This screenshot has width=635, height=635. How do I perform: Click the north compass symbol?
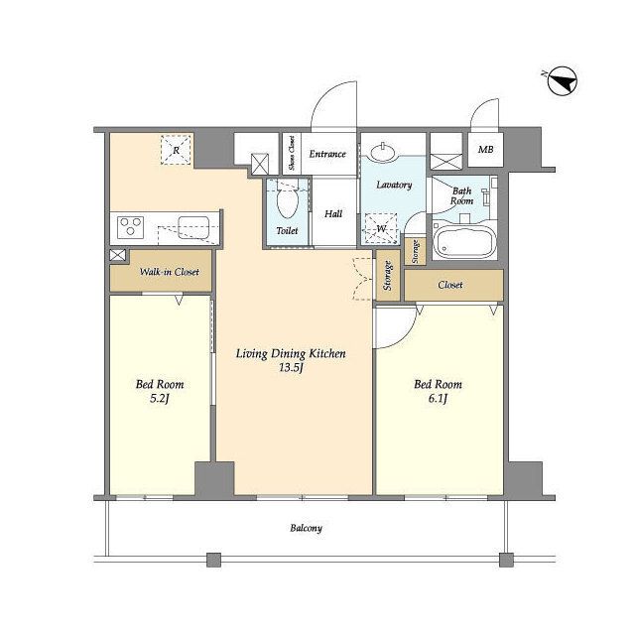pyautogui.click(x=563, y=80)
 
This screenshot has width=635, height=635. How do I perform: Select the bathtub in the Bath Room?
pyautogui.click(x=464, y=242)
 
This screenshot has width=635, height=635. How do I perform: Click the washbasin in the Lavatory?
pyautogui.click(x=383, y=152)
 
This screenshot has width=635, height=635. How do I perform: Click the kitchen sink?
pyautogui.click(x=193, y=227)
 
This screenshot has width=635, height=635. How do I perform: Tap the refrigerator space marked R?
pyautogui.click(x=176, y=150)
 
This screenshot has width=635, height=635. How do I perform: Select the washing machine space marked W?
pyautogui.click(x=381, y=228)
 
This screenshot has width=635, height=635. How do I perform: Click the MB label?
pyautogui.click(x=485, y=150)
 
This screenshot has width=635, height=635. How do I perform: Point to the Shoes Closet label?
pyautogui.click(x=292, y=153)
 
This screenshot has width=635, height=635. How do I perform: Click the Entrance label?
pyautogui.click(x=327, y=154)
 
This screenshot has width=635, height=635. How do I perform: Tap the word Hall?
pyautogui.click(x=333, y=213)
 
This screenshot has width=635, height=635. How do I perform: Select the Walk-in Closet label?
pyautogui.click(x=170, y=271)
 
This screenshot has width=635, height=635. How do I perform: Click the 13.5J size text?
pyautogui.click(x=291, y=368)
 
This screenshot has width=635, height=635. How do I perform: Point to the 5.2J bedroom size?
pyautogui.click(x=160, y=399)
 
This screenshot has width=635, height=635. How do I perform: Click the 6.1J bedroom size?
pyautogui.click(x=438, y=399)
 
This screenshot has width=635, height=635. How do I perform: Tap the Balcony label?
pyautogui.click(x=307, y=528)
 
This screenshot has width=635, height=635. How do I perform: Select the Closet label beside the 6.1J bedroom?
pyautogui.click(x=449, y=285)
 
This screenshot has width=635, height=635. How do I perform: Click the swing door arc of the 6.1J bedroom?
pyautogui.click(x=406, y=335)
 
